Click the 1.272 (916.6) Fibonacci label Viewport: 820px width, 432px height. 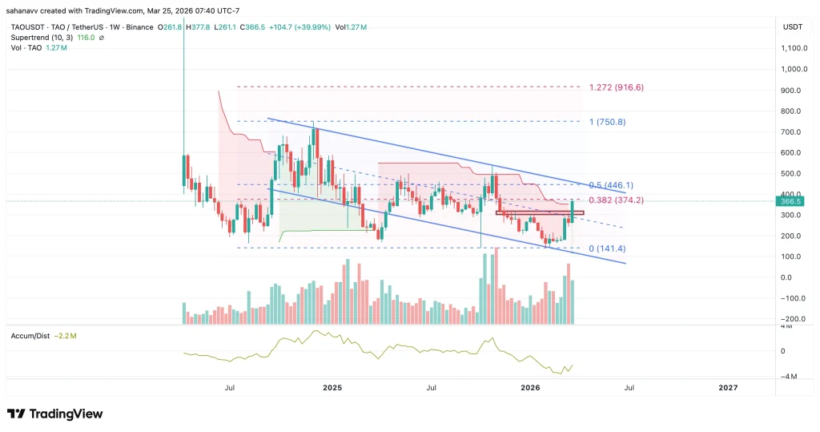(x=616, y=87)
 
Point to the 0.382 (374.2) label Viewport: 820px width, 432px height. (x=616, y=200)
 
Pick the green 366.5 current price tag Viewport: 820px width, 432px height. (x=794, y=201)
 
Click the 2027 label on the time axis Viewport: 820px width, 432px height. (x=727, y=388)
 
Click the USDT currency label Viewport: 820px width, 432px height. (x=792, y=27)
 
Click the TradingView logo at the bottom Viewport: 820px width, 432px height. (x=55, y=414)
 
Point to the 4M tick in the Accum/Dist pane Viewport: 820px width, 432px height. (x=788, y=328)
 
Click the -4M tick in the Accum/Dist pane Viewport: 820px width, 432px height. (x=788, y=377)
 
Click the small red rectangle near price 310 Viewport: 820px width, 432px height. (x=539, y=212)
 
